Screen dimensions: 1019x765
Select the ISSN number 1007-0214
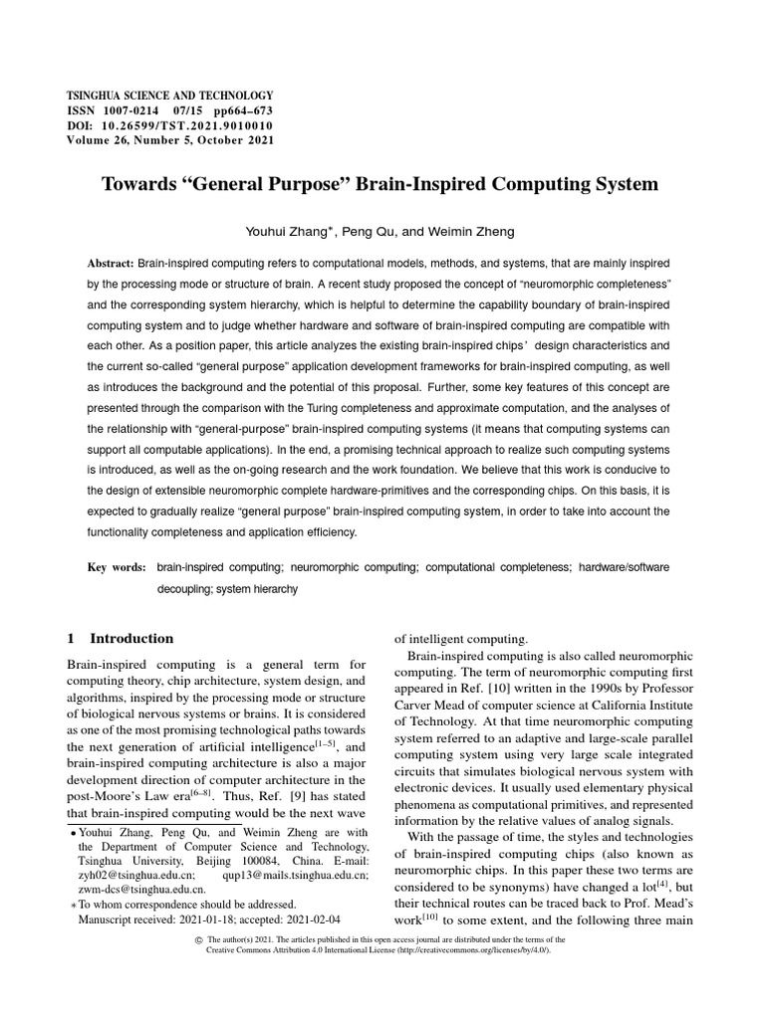[x=139, y=110]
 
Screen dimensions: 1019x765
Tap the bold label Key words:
[x=117, y=567]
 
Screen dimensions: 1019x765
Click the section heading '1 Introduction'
[x=120, y=639]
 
